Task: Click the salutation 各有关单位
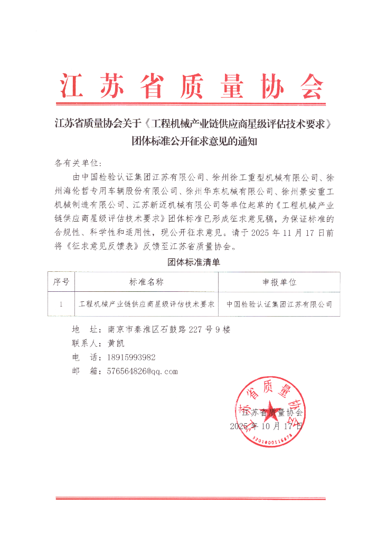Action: point(76,162)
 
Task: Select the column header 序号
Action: point(61,282)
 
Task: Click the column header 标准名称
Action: point(146,282)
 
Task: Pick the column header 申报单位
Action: point(279,282)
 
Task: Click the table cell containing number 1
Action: point(61,304)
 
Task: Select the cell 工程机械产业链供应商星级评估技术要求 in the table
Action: point(146,304)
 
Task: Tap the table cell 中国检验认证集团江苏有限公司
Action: point(279,304)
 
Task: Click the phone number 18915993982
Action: point(131,357)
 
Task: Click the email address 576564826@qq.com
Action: point(142,371)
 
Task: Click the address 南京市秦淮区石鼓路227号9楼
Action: point(169,329)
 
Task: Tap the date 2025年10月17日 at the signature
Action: point(266,426)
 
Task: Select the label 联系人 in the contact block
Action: point(86,343)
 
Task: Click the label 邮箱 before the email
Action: point(86,371)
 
